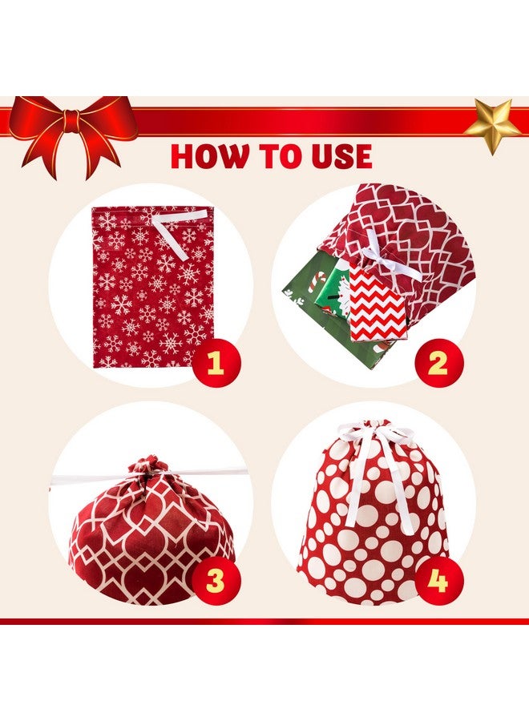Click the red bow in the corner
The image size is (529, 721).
point(71,133)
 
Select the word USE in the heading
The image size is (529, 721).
point(339,157)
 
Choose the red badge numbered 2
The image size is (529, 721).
point(437,363)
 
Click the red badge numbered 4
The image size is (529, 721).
point(438,580)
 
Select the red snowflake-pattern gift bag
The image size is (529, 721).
point(152,288)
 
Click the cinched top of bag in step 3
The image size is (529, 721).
point(147,469)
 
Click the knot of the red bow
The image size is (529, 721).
point(72,121)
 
